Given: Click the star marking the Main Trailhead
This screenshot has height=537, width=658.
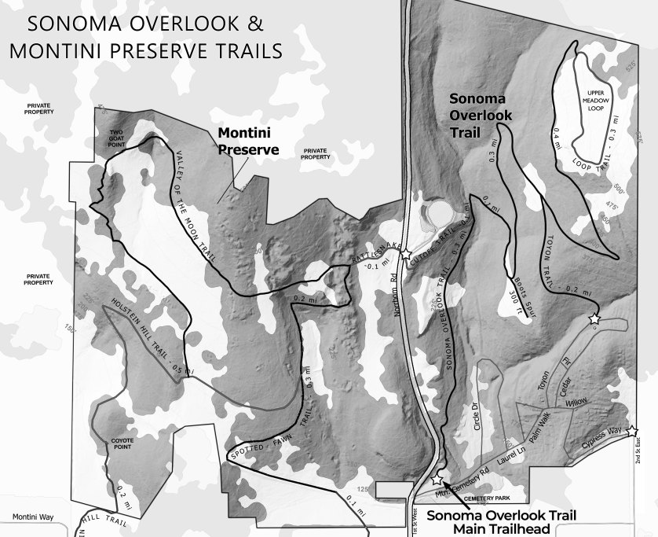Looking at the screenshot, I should pyautogui.click(x=437, y=480).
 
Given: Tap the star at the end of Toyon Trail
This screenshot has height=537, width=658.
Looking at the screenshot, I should pyautogui.click(x=594, y=319).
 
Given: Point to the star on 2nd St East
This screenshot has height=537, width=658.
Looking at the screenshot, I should pyautogui.click(x=633, y=431).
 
